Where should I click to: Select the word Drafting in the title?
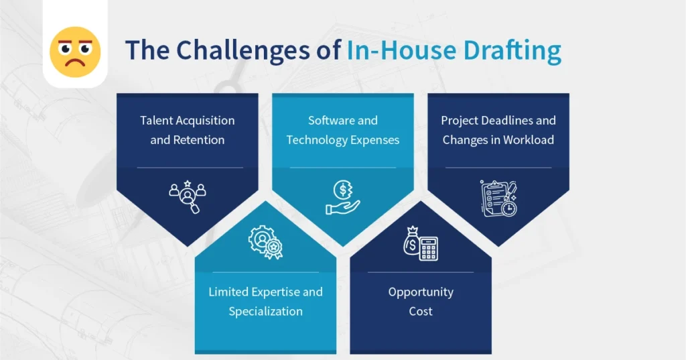[508, 52]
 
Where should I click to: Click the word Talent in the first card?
[156, 121]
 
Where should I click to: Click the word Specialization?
[265, 311]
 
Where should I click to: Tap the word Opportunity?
[421, 292]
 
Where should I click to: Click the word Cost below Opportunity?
[421, 311]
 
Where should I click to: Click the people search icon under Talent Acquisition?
[187, 195]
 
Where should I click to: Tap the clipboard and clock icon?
[498, 198]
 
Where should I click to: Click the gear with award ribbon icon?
[265, 242]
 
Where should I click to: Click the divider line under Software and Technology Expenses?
[342, 168]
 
